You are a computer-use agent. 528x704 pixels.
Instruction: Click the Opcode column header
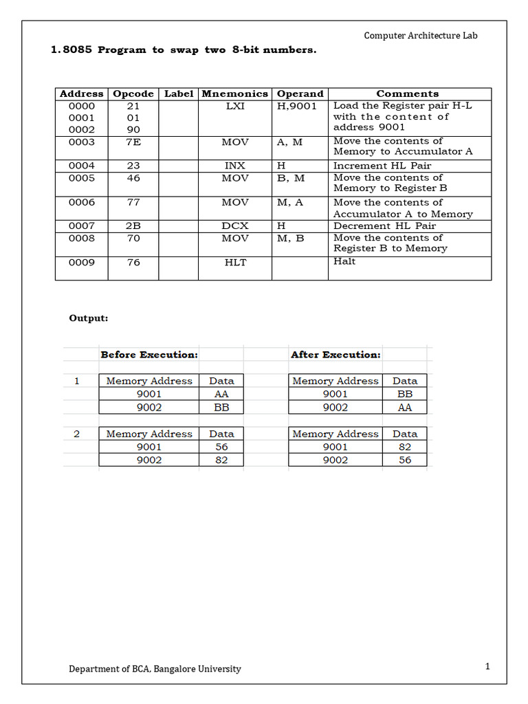[x=133, y=93]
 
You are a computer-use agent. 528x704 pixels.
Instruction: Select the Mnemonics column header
[x=234, y=93]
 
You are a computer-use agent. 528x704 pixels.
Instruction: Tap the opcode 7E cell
[x=133, y=142]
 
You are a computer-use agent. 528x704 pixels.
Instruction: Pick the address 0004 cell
[x=82, y=166]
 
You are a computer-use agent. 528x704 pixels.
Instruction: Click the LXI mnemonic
[x=235, y=106]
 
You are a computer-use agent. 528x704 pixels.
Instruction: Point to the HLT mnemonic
[x=235, y=262]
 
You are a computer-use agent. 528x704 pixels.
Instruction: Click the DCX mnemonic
[x=235, y=225]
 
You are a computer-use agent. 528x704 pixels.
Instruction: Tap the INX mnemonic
[x=235, y=166]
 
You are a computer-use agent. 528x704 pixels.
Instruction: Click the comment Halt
[x=344, y=261]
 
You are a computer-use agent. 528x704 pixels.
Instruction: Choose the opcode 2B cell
[x=133, y=225]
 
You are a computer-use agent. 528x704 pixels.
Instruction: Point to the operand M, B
[x=290, y=238]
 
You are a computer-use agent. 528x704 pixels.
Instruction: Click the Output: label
[x=89, y=318]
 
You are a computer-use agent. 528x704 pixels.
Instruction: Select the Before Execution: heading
[x=149, y=355]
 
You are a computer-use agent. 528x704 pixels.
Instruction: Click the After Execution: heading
[x=335, y=355]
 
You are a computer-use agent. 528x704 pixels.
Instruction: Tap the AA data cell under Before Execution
[x=221, y=394]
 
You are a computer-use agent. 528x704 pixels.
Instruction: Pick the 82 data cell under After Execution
[x=405, y=447]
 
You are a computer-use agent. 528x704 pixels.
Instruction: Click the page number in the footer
[x=487, y=666]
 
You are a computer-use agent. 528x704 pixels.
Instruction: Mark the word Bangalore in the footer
[x=175, y=668]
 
